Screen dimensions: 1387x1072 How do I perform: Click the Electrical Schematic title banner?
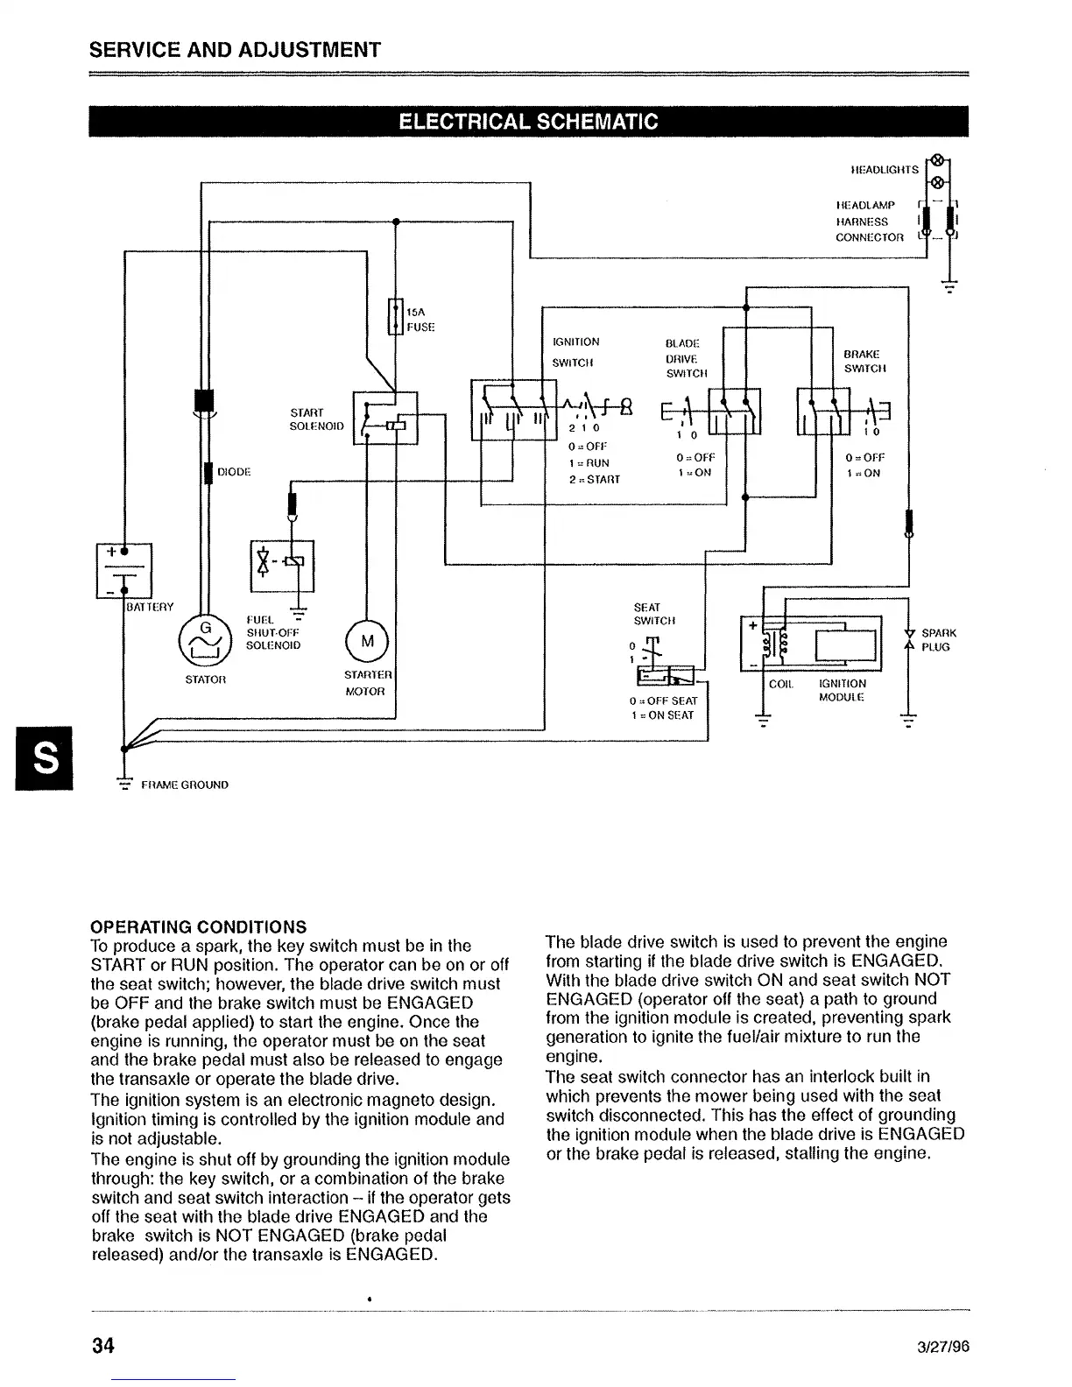tap(528, 122)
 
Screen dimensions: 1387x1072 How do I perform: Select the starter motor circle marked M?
tap(368, 641)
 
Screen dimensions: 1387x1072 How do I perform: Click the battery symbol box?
tap(124, 571)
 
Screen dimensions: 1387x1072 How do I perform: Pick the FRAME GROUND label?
tap(185, 785)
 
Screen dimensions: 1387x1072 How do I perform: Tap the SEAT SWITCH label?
tap(654, 614)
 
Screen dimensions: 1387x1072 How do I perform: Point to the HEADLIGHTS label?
tap(885, 170)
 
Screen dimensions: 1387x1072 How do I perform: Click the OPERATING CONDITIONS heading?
tap(199, 926)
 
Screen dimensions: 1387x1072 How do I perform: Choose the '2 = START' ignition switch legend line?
tap(594, 479)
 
